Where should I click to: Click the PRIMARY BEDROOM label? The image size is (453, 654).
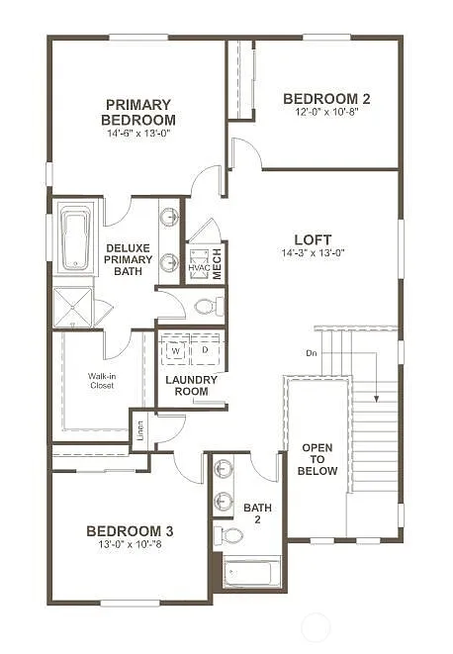(137, 112)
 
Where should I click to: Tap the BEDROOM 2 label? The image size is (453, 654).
(326, 98)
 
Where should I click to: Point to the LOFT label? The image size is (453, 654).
(313, 238)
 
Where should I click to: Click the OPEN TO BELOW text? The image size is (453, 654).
(317, 459)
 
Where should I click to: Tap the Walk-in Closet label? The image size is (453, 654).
(101, 380)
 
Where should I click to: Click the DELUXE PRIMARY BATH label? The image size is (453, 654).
(130, 259)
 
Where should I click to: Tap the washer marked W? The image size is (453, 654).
(175, 350)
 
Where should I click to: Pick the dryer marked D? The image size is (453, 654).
(205, 350)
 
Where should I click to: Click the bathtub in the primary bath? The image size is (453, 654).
(75, 237)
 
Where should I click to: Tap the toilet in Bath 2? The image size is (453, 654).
(231, 535)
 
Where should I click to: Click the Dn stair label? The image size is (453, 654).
(311, 353)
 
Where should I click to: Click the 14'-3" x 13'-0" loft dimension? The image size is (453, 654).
(313, 252)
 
